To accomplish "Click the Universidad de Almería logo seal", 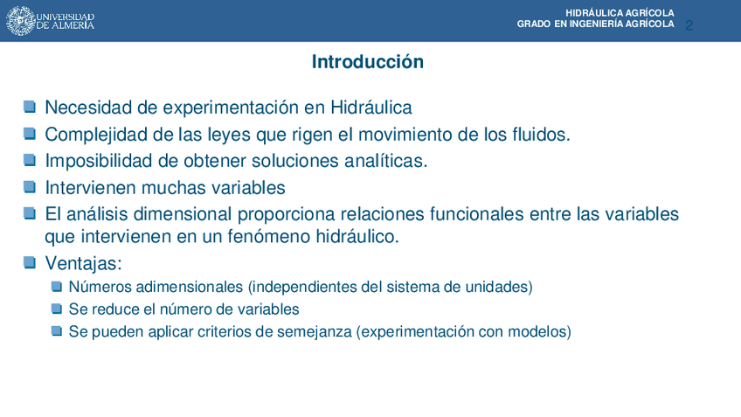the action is pos(20,21).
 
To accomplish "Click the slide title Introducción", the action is pos(368,62).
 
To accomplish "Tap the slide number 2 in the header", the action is pos(689,25).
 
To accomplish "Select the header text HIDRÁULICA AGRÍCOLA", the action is pos(620,13).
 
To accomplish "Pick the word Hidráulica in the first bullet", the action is pos(371,108).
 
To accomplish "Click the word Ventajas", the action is pos(83,263).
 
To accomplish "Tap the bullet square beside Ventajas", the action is pos(30,262).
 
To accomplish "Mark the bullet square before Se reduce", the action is pos(57,309).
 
